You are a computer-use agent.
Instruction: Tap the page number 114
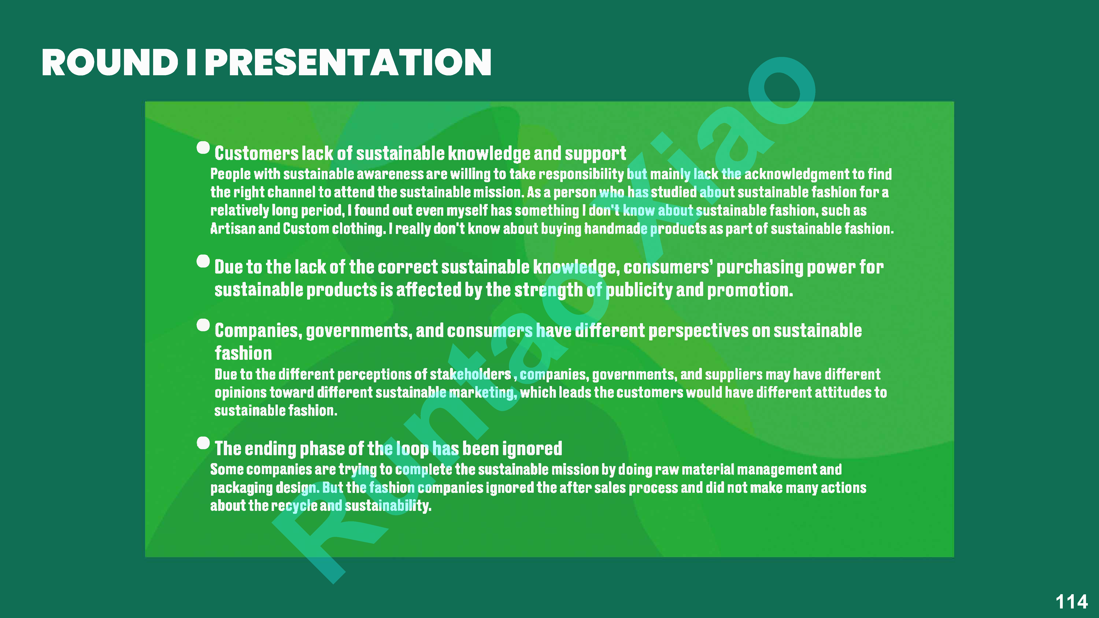pos(1071,602)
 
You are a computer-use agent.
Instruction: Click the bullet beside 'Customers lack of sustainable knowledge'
pos(203,148)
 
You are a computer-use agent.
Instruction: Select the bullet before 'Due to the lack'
pos(203,261)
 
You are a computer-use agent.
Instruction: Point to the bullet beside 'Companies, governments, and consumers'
pos(203,325)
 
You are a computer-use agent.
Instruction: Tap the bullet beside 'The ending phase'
pos(203,443)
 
